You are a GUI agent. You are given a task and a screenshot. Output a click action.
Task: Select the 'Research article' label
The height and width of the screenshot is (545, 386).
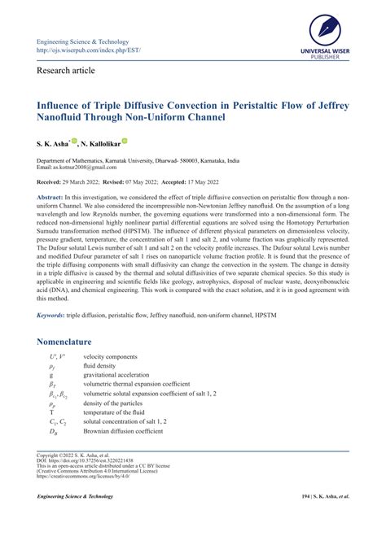click(x=66, y=71)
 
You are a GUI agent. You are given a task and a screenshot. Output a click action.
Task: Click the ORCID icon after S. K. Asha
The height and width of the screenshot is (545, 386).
click(x=75, y=141)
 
